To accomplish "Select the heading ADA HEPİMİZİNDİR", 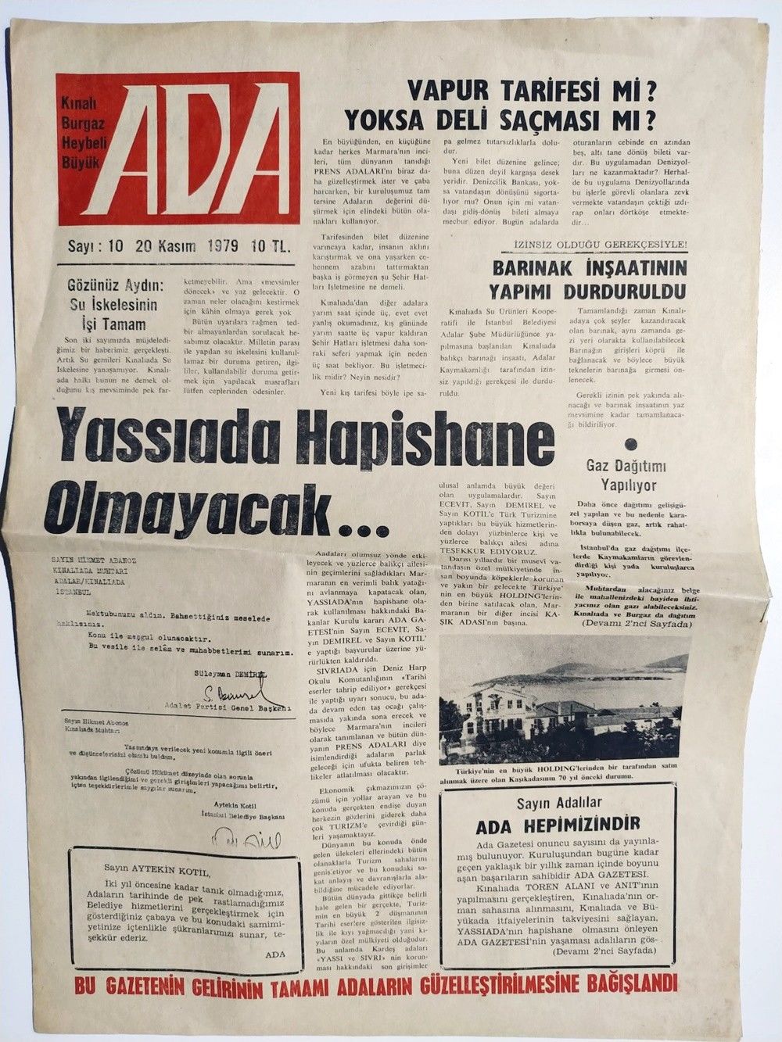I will click(x=558, y=823).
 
